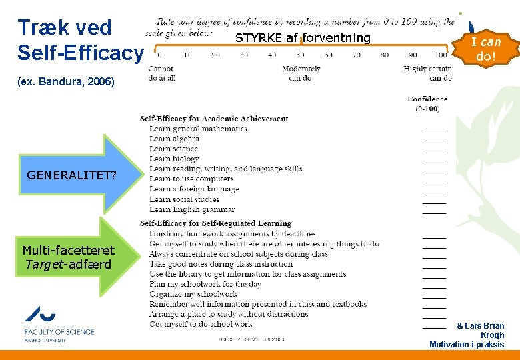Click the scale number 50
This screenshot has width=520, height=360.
300,55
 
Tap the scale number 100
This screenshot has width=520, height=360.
441,55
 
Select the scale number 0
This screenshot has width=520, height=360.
159,55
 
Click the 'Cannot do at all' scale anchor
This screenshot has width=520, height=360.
161,73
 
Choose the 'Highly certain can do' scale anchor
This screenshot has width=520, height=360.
427,73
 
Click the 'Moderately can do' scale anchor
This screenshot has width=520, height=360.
301,73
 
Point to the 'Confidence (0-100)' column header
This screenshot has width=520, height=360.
427,104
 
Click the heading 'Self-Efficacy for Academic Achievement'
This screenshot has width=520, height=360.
214,119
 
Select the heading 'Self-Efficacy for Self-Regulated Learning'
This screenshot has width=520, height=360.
215,223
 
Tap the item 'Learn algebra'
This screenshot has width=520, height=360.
174,139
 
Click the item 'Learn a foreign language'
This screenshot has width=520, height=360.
194,189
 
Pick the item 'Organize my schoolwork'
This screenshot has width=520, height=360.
193,294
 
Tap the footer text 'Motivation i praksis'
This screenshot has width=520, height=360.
467,345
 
